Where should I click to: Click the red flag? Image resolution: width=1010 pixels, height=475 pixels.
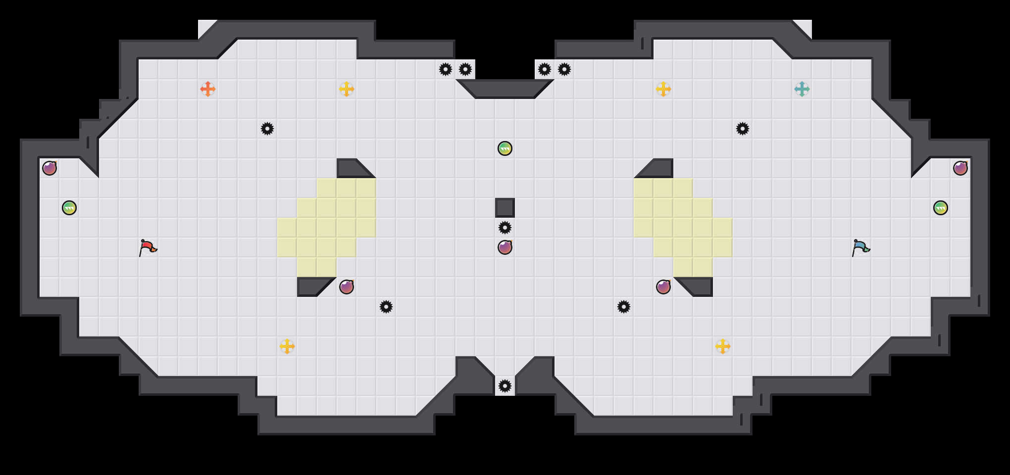(x=148, y=247)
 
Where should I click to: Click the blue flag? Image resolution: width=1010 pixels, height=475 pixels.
(x=860, y=247)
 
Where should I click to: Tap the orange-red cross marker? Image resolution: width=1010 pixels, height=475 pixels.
(x=208, y=89)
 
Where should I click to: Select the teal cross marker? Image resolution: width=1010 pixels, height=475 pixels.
(x=802, y=89)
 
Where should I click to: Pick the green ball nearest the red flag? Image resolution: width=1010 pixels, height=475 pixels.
(x=69, y=208)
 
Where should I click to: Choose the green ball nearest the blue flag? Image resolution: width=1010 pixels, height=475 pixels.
(x=941, y=208)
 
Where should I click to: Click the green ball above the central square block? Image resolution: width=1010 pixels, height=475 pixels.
(x=505, y=148)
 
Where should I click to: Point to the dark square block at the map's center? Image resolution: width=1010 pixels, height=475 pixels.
(x=505, y=208)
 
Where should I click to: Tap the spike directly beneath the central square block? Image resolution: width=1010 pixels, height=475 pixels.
(x=505, y=228)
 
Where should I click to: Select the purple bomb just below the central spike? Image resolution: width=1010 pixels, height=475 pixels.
(x=505, y=247)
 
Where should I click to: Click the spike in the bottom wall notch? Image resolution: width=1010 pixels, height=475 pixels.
(x=505, y=386)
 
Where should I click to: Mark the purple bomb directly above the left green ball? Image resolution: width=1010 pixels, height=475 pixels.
(x=50, y=168)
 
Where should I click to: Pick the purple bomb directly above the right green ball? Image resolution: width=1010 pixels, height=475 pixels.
(x=960, y=168)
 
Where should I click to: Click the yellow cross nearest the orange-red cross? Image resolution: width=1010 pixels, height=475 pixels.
(x=347, y=89)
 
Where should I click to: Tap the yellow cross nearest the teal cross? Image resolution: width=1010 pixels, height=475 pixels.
(x=663, y=89)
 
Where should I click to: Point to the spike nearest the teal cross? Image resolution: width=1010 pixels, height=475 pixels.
(x=743, y=129)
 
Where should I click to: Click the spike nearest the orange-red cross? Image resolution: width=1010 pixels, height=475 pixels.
(x=267, y=129)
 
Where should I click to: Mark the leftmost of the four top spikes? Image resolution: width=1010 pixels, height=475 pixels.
(x=446, y=69)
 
